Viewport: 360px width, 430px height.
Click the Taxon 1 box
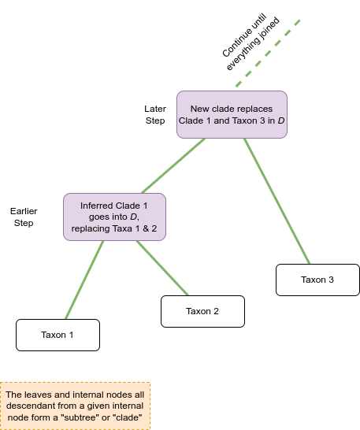tap(58, 335)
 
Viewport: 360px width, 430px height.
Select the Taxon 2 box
tap(202, 311)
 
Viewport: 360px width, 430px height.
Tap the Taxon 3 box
tap(317, 280)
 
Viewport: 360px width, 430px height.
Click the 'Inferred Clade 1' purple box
tap(115, 217)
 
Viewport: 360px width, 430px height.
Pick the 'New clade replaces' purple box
tap(232, 115)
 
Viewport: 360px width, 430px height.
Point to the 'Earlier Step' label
tap(24, 217)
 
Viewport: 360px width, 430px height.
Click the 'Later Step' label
tap(155, 115)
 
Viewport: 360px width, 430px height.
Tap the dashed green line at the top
tap(268, 54)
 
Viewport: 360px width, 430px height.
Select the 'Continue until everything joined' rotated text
tap(251, 42)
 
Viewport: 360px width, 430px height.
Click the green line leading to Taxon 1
tap(84, 280)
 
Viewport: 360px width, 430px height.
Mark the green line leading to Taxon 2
tap(162, 269)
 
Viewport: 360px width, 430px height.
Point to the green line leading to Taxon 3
tap(277, 202)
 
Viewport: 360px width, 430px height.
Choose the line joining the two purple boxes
tap(173, 165)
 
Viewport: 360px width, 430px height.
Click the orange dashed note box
tap(75, 406)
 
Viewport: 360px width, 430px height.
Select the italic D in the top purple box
tap(281, 120)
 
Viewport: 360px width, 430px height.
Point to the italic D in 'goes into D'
tap(133, 217)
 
